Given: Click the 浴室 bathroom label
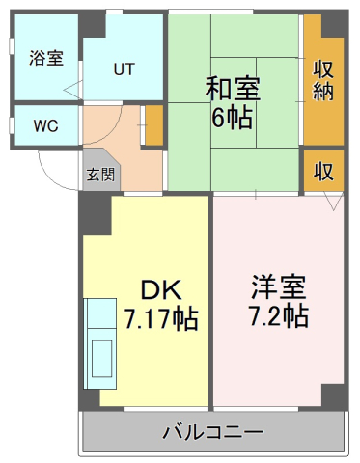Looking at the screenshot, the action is (46, 58).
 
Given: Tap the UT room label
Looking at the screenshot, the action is (124, 68).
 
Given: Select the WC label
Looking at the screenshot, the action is (46, 125).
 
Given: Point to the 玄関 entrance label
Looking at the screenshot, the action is (100, 176).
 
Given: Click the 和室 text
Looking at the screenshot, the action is (233, 88).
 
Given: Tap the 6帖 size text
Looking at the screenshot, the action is (232, 118).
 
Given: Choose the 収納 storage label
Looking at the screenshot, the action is (323, 81).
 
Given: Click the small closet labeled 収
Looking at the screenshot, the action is (323, 171).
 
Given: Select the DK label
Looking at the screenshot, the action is (161, 289).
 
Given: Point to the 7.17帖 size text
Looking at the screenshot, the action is (161, 318).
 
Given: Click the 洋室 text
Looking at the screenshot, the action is (279, 286).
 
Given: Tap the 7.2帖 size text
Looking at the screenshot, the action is (279, 316).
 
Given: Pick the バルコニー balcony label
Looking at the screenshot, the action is (213, 432).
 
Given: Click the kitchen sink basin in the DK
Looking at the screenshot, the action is (102, 359).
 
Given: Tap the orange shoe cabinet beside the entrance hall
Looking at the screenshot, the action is (154, 125).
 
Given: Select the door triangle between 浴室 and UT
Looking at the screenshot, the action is (73, 90).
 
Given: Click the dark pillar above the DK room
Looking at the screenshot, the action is (96, 213).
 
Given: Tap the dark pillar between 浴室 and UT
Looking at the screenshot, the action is (93, 25).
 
